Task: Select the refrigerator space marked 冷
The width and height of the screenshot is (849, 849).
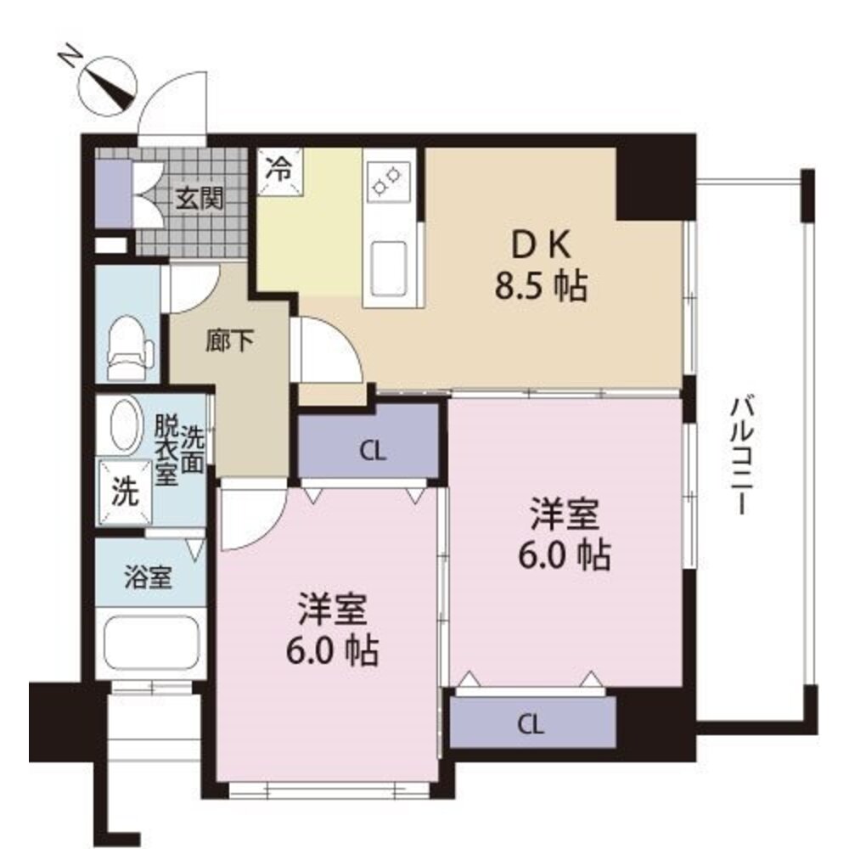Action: click(x=280, y=171)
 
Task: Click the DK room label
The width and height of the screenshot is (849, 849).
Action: click(x=542, y=245)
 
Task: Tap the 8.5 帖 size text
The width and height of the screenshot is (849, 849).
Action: click(x=541, y=286)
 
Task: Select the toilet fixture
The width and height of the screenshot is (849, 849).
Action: click(x=129, y=347)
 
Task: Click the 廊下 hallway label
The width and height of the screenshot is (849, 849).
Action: click(x=229, y=341)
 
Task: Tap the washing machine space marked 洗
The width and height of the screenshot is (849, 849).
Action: click(x=125, y=492)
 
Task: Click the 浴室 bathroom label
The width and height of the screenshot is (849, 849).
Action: click(x=148, y=576)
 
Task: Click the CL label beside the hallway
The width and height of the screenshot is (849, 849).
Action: click(x=373, y=451)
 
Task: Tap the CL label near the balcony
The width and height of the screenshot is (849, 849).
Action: click(x=531, y=724)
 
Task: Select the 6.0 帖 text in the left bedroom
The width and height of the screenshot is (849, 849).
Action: click(x=333, y=650)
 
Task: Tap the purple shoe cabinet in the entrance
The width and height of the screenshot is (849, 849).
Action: click(x=115, y=194)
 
